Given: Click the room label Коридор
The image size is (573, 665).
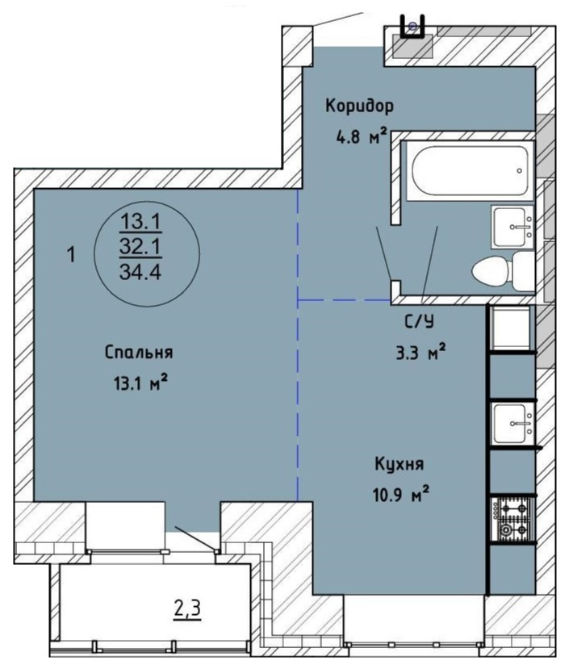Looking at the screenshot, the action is pos(359,106).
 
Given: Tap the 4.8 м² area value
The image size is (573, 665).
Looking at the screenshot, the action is pos(362,137).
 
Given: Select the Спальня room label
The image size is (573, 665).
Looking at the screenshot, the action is pos(139,352).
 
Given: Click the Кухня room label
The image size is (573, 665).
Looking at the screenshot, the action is pos(399,464).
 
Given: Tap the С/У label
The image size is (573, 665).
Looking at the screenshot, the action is pos(419,322).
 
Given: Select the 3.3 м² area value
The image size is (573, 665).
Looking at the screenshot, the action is pos(420,352).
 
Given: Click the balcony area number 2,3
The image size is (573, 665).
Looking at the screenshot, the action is pos(187,609).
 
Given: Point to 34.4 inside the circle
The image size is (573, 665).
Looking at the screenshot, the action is pos(140,271).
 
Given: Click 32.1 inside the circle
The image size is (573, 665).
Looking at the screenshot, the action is pos(140,246).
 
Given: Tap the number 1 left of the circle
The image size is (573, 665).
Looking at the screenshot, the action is pos(72,255).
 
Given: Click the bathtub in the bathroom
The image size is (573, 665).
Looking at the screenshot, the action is pos(470,170).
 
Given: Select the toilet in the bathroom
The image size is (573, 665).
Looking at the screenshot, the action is pos(504,270).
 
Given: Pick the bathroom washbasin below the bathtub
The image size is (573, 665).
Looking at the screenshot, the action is pos(512,227).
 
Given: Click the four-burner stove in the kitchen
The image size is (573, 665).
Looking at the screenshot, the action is pos(512,520).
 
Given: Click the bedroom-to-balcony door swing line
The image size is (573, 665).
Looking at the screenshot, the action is pos(196,539).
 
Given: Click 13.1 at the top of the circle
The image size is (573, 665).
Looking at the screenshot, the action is pos(140,221).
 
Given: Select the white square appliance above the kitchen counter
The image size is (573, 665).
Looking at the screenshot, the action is pos(510,328).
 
